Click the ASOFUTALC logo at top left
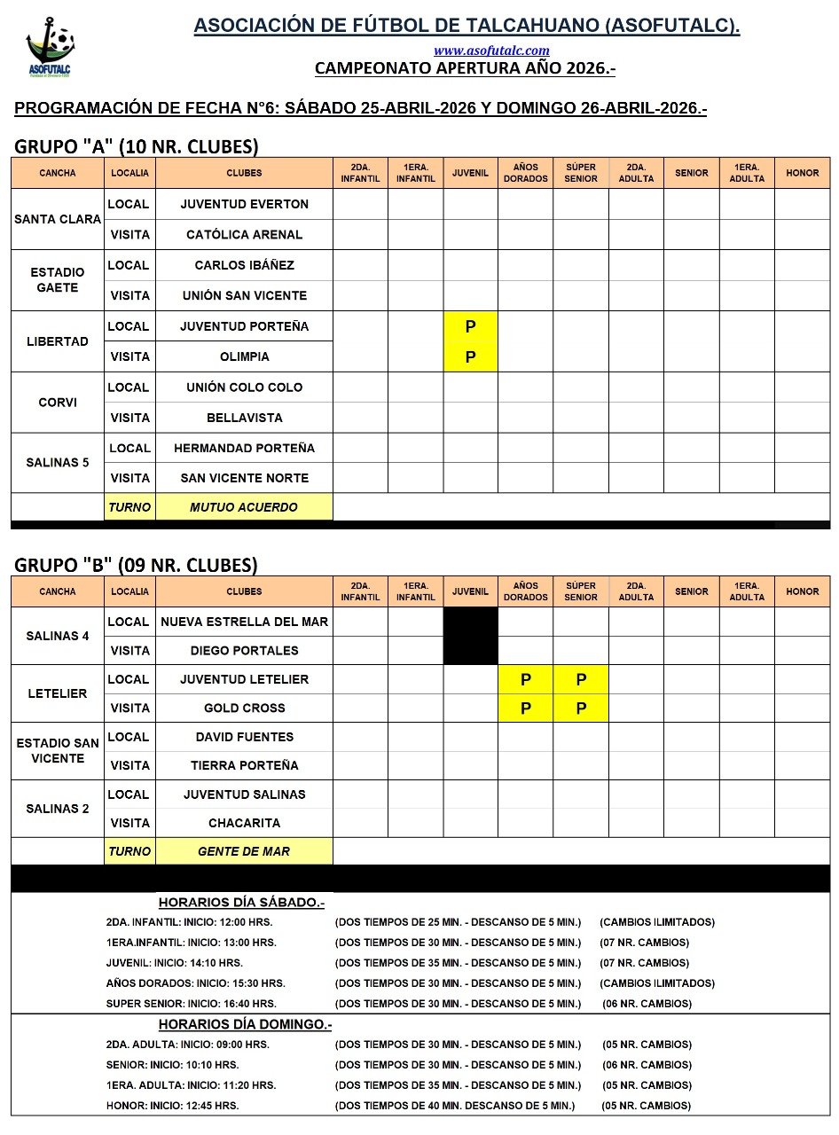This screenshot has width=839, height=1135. (x=50, y=50)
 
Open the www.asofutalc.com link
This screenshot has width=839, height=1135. (x=491, y=51)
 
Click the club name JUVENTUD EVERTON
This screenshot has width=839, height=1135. (x=244, y=204)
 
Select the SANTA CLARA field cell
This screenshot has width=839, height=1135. (x=58, y=219)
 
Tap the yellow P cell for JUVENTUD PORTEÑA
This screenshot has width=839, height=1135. (x=470, y=326)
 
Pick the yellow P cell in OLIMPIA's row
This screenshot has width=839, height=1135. (x=470, y=357)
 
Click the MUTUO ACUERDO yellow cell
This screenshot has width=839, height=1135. (x=244, y=507)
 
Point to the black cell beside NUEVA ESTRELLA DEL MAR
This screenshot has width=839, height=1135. (x=470, y=636)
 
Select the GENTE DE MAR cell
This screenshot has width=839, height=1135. (x=244, y=851)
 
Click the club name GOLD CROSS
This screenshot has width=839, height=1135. (x=244, y=708)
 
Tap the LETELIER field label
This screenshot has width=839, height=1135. (x=58, y=693)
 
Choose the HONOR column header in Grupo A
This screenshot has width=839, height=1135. (x=802, y=173)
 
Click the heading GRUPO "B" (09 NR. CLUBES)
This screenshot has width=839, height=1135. (x=137, y=565)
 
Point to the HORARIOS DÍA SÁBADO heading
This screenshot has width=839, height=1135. (x=241, y=903)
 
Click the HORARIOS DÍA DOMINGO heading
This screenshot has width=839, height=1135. (x=245, y=1025)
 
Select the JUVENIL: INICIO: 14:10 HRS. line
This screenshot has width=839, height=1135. (x=174, y=963)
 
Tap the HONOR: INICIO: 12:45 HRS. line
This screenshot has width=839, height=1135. (x=172, y=1106)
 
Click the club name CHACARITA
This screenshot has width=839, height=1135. (x=244, y=823)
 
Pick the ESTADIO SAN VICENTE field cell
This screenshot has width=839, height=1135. (x=58, y=751)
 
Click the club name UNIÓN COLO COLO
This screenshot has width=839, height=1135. (x=244, y=387)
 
